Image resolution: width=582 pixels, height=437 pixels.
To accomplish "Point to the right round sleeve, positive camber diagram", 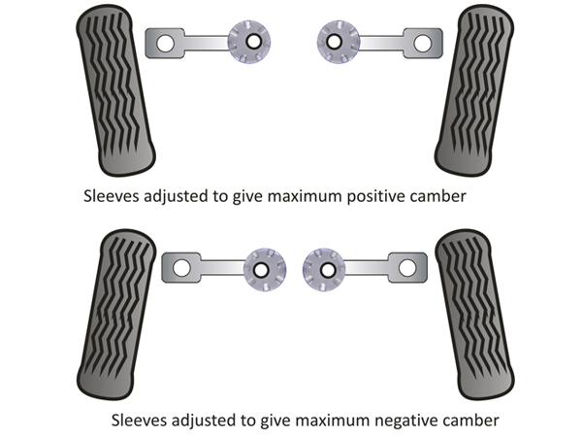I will (x=338, y=43).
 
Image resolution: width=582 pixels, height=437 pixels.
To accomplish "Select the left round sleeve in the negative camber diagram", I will (x=261, y=268).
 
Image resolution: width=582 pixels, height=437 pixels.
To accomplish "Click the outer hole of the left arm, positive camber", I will (x=164, y=43).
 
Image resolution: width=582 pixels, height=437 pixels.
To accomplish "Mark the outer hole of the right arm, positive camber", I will (x=423, y=43).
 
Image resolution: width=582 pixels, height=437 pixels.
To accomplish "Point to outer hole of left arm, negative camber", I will (x=179, y=267).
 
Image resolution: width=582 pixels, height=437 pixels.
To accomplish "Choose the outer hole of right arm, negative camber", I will (x=407, y=267).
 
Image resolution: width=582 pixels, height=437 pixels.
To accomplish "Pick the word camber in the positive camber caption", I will (x=436, y=195).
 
